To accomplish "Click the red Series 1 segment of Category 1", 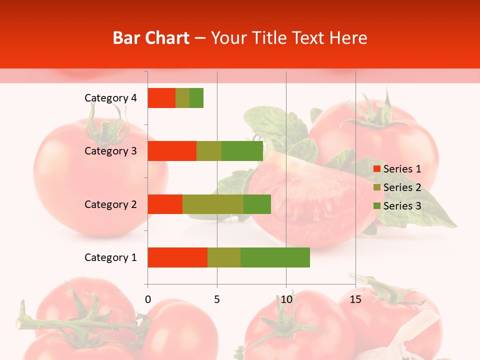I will [177, 257].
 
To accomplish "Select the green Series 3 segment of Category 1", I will [275, 257].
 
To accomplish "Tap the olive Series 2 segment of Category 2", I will [213, 204].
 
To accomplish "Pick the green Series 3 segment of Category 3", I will [242, 151].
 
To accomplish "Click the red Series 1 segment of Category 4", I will [161, 98].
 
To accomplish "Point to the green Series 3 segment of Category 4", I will [196, 98].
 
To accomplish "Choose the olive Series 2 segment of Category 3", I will [209, 151].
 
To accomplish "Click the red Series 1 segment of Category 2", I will [165, 204].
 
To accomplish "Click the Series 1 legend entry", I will [397, 169].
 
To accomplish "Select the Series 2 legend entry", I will [397, 187].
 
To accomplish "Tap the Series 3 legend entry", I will [397, 206].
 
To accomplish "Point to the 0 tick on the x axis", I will [148, 299].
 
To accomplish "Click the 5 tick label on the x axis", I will [217, 299].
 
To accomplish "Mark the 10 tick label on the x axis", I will [286, 299].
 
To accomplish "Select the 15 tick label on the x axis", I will [355, 299].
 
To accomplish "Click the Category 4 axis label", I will [110, 98].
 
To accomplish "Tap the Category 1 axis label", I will [110, 257].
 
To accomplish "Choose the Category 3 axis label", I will [110, 151].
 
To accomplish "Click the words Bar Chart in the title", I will [151, 38].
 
